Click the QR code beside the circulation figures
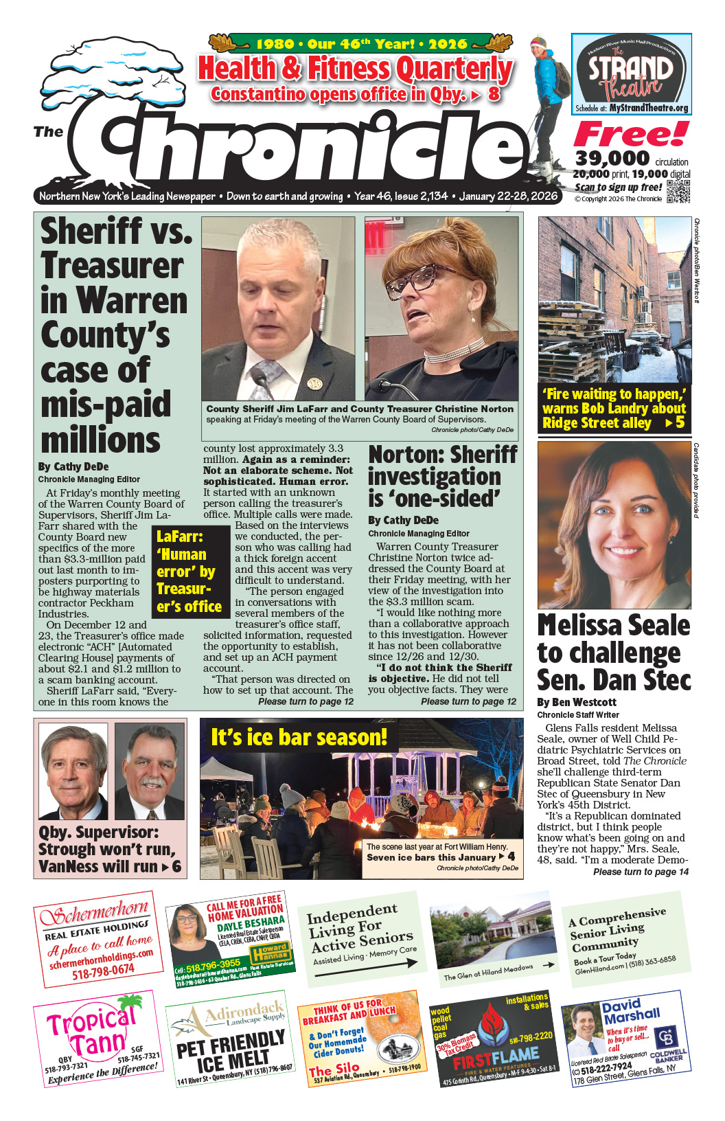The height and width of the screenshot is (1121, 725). [x=678, y=192]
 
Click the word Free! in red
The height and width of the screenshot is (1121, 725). [x=630, y=134]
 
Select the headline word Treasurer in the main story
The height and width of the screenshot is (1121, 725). [x=112, y=266]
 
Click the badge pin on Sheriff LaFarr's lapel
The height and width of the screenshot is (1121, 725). [x=314, y=383]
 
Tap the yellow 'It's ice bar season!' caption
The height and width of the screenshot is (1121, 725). [x=299, y=737]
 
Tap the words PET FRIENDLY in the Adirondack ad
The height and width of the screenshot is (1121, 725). [x=230, y=1043]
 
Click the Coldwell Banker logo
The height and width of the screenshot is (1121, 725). [x=667, y=1038]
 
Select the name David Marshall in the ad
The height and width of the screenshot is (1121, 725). [x=631, y=1010]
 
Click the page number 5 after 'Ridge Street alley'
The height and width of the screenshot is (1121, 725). [x=680, y=422]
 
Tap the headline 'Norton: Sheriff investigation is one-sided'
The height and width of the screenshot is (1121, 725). [x=443, y=476]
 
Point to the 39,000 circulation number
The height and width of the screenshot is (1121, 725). [x=612, y=159]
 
